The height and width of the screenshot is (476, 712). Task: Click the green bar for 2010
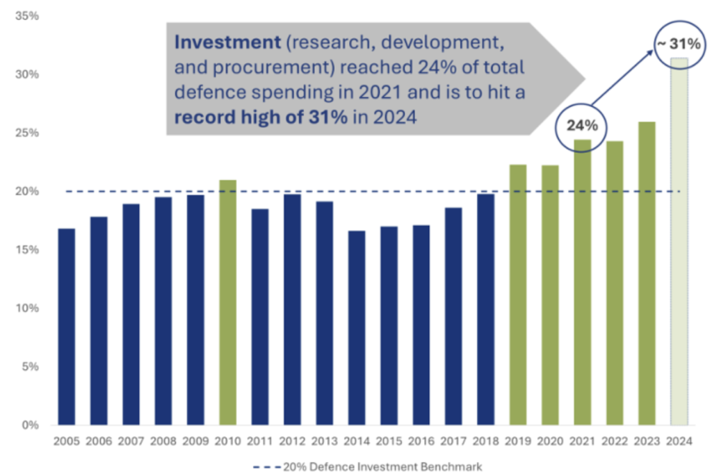[x=228, y=302]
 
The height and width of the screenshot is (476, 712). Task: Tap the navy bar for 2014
[x=357, y=327]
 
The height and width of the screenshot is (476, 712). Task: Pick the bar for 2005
[x=67, y=327]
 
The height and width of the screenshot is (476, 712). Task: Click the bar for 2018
[x=485, y=309]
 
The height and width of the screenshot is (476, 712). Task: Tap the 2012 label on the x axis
[x=292, y=442]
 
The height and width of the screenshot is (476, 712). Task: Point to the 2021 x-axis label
[x=582, y=442]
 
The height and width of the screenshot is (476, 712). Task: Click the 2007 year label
[x=131, y=442]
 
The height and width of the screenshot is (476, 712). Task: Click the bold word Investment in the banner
[x=216, y=42]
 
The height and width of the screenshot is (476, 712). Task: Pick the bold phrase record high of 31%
[x=261, y=117]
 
